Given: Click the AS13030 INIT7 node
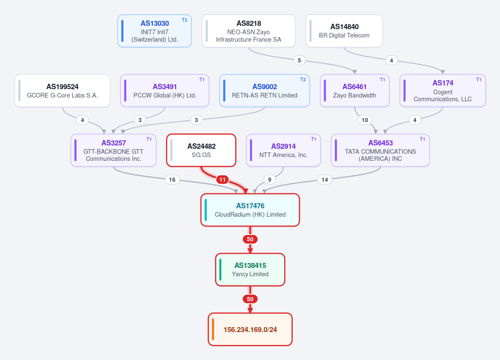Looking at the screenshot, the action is [x=154, y=31].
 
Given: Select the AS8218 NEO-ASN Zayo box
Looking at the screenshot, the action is [x=249, y=31].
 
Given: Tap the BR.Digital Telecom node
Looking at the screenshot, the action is [x=344, y=31].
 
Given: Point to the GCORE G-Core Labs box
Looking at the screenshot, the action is [x=62, y=90].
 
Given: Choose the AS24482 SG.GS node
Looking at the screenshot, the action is [x=201, y=150].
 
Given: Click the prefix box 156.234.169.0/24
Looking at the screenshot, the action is [x=250, y=330].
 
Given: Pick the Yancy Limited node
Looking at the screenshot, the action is [x=250, y=270].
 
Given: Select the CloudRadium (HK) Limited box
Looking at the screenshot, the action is [x=250, y=210].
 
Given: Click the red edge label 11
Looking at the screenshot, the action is [x=223, y=180].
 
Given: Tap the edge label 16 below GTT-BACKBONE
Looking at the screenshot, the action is [x=172, y=180].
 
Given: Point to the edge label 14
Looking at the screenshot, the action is [x=324, y=180].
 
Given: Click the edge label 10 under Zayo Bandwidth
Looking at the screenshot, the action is [x=365, y=120].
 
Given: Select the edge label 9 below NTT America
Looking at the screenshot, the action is [x=270, y=180].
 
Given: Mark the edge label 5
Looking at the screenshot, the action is [x=299, y=60].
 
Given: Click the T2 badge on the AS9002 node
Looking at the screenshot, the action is [x=303, y=80].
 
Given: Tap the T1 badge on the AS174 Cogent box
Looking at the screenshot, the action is [x=479, y=80].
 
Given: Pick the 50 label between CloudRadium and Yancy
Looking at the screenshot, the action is [x=250, y=239].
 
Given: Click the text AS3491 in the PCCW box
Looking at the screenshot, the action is [x=165, y=87].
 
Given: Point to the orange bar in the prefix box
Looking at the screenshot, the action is [x=213, y=330].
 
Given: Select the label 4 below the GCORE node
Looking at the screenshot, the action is [x=82, y=120].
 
